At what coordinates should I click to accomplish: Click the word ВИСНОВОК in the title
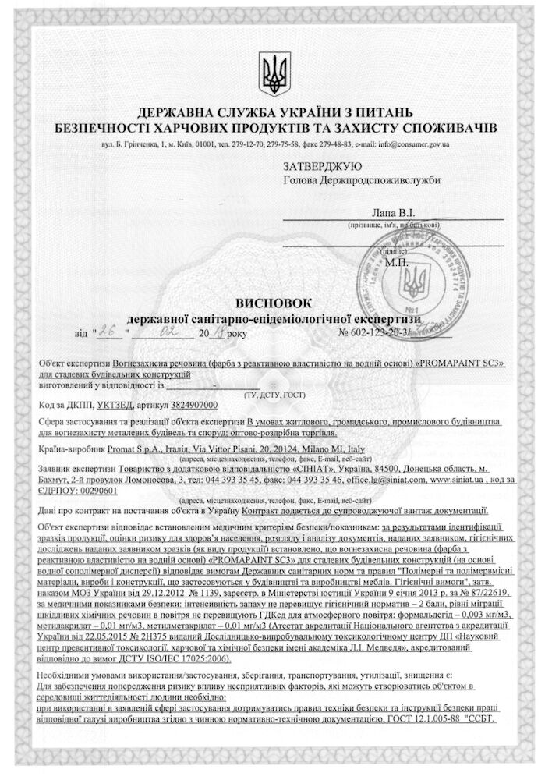[x=275, y=303]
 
